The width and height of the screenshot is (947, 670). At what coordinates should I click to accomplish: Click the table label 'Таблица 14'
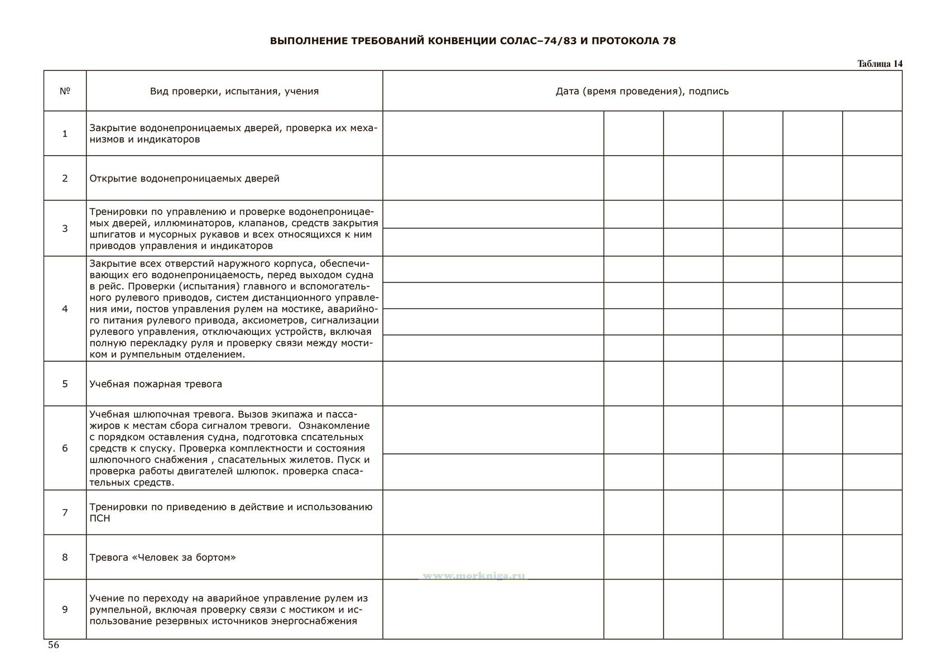tap(879, 64)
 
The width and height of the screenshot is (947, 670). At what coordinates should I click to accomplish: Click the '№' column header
tap(65, 91)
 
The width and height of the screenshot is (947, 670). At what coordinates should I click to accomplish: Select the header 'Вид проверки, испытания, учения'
tap(234, 91)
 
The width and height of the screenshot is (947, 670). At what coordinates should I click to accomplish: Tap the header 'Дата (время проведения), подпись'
tap(642, 91)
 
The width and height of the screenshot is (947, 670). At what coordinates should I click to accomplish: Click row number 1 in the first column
tap(65, 133)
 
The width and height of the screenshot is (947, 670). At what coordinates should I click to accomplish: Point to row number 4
tap(65, 309)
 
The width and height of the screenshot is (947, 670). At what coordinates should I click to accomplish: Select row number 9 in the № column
tap(65, 609)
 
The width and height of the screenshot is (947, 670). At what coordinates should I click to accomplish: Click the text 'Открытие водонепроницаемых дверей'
tap(184, 179)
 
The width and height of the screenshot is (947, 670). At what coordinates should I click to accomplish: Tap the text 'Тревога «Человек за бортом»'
tap(162, 557)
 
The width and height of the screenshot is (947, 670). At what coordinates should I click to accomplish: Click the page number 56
tap(54, 645)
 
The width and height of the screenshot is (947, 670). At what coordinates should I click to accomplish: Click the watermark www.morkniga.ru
tap(473, 576)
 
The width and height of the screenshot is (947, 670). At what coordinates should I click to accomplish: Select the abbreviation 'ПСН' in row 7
tap(100, 518)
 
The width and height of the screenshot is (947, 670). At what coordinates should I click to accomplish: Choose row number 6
tap(65, 448)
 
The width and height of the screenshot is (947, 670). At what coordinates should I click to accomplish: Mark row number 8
tap(65, 557)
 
